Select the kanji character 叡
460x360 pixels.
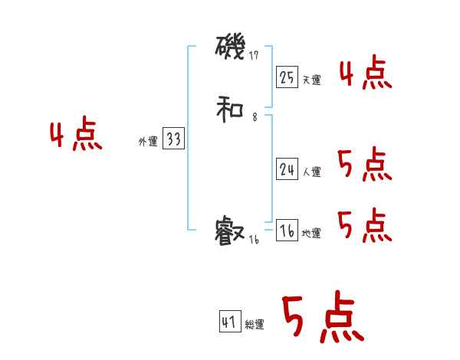tap(230, 231)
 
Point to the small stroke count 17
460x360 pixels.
tap(255, 55)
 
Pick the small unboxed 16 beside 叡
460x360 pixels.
tap(255, 240)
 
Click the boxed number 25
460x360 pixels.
tap(287, 77)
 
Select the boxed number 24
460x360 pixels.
tap(287, 169)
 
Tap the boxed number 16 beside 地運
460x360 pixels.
tap(287, 231)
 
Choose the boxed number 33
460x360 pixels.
tap(173, 139)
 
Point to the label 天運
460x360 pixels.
tap(311, 80)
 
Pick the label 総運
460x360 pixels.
tap(255, 325)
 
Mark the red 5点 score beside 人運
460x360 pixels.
tap(364, 165)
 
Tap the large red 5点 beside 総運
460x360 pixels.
tap(322, 318)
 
